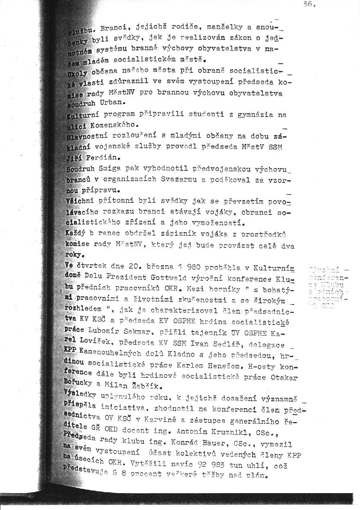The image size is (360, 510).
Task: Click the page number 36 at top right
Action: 310,5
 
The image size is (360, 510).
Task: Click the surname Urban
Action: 112,103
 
